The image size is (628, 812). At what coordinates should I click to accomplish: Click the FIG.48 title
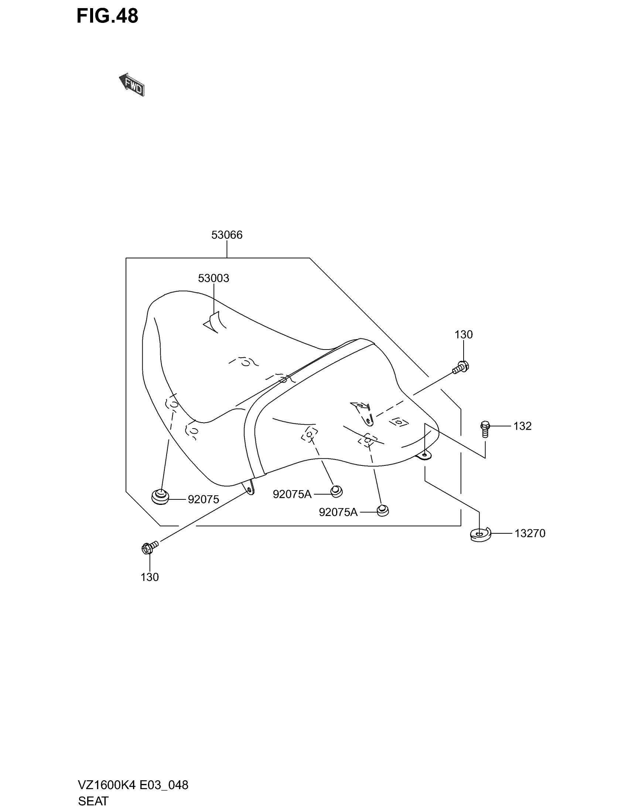point(107,16)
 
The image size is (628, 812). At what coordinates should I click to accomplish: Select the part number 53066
point(226,235)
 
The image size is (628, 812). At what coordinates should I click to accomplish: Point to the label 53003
point(213,278)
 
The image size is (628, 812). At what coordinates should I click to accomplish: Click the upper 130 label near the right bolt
point(463,335)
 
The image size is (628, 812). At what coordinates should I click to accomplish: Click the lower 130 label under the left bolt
point(150,577)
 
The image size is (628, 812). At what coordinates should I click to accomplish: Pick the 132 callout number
point(522,426)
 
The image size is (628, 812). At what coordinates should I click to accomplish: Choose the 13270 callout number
point(530,534)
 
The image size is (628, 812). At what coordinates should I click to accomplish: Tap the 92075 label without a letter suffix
point(203,500)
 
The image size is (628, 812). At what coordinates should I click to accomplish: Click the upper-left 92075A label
point(292,494)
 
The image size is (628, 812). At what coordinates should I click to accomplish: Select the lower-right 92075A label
point(338,512)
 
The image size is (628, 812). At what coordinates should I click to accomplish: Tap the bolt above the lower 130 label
point(150,547)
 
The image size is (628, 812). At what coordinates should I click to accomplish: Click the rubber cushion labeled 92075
point(160,497)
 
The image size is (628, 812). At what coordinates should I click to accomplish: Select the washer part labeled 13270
point(480,535)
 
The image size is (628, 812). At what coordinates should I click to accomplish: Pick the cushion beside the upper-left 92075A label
point(336,491)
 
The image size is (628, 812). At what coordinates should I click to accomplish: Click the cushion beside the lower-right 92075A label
point(382,510)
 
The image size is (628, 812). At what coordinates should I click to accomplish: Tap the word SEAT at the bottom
point(93,801)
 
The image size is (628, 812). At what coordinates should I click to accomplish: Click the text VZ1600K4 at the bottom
point(106,785)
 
